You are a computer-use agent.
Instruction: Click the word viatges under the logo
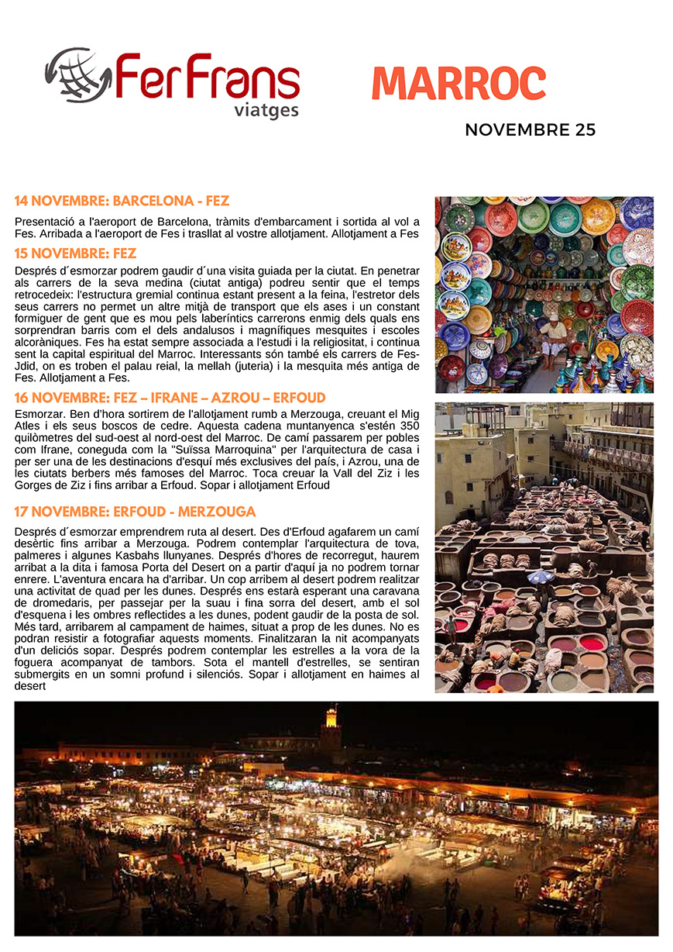click(266, 110)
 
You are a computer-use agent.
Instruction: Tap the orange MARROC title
click(458, 84)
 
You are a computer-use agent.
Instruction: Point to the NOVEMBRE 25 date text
click(530, 130)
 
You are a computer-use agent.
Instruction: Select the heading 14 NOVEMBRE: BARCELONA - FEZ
click(122, 202)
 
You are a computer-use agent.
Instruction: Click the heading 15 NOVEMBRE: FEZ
click(75, 254)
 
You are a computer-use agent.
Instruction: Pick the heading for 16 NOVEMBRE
click(170, 398)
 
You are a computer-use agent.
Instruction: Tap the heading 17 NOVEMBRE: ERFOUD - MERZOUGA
click(135, 512)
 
